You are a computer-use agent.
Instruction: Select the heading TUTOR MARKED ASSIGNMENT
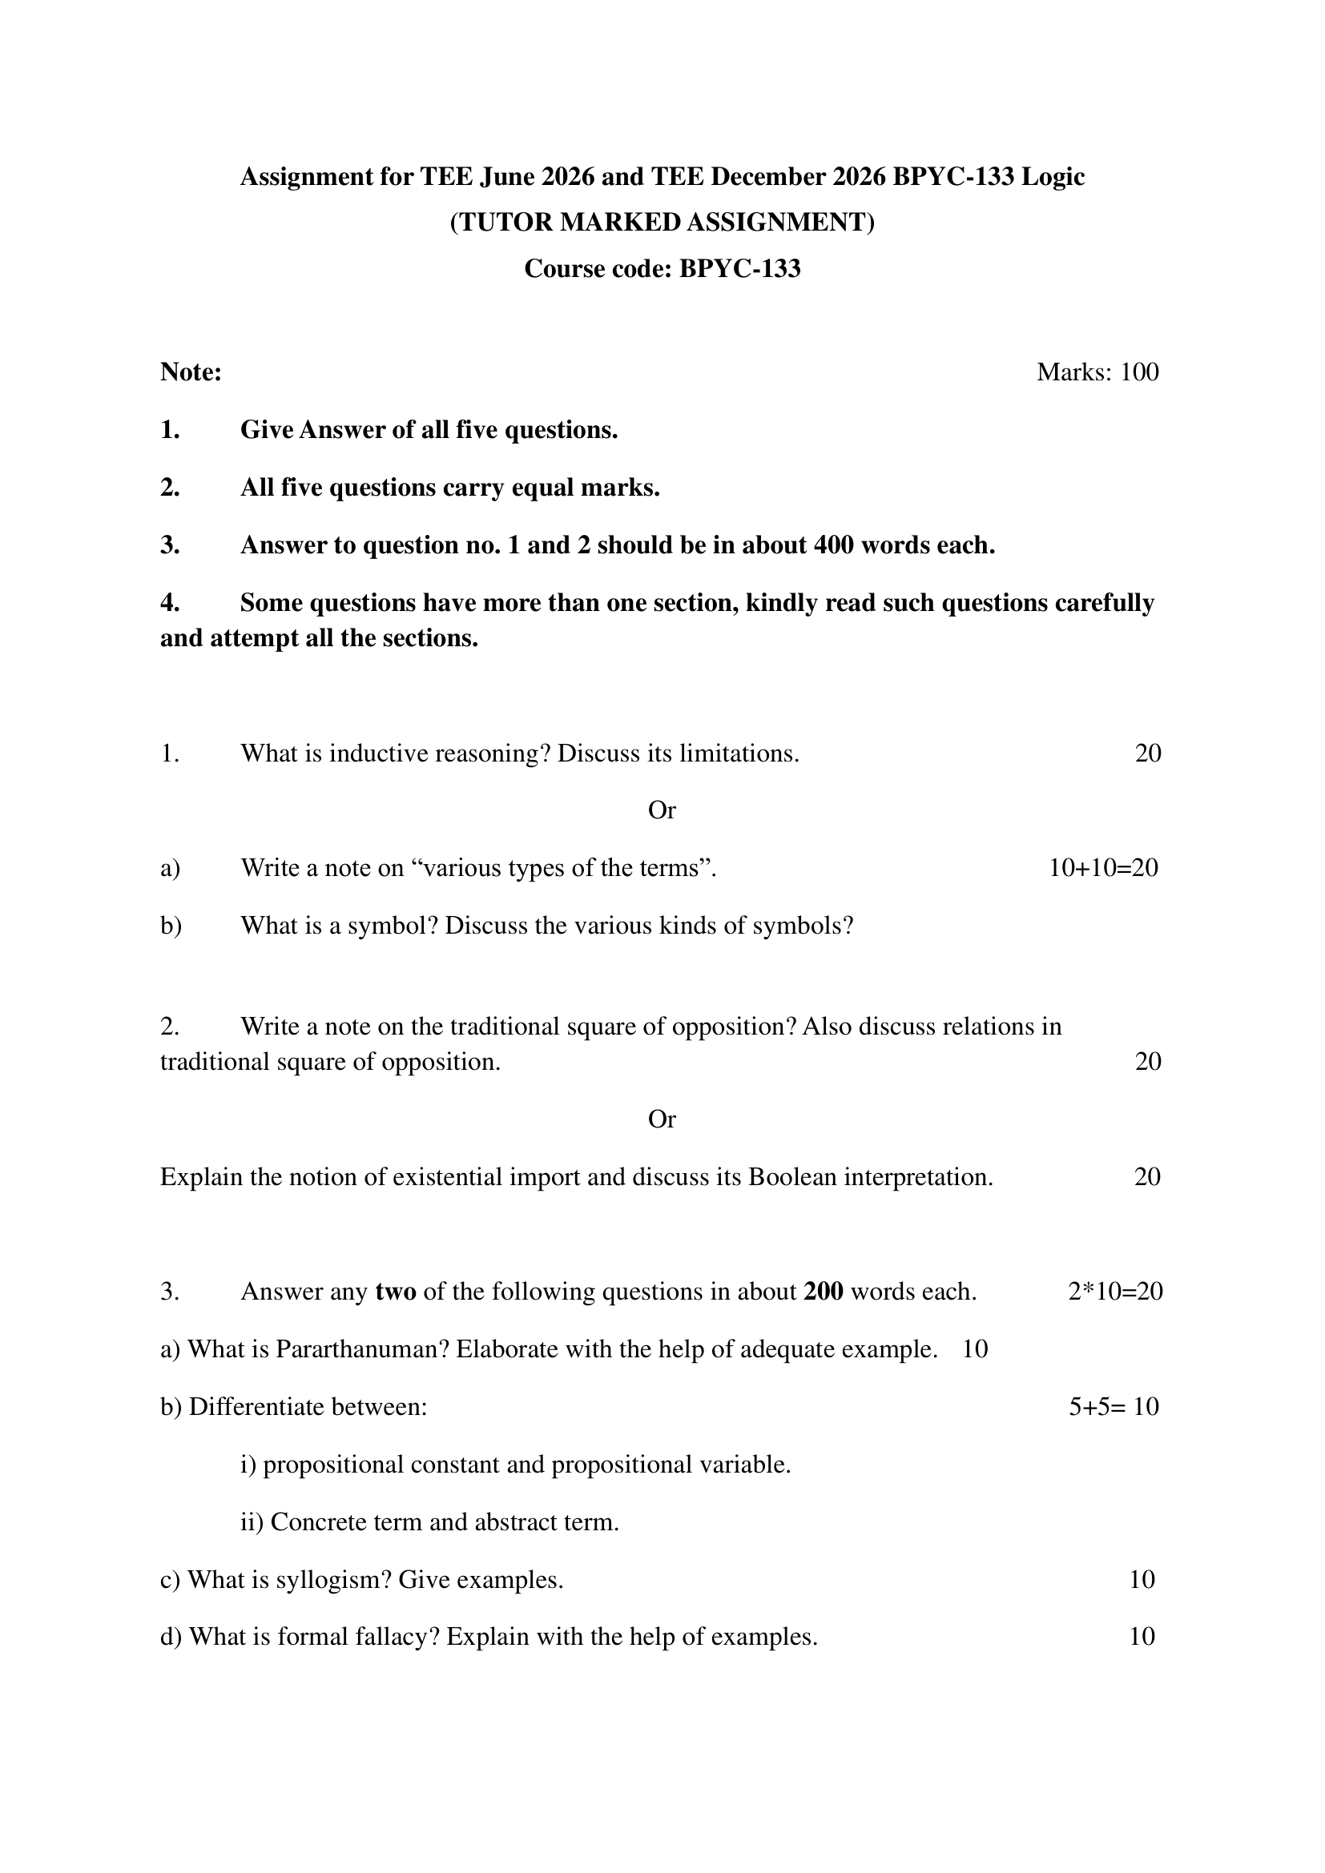pos(662,223)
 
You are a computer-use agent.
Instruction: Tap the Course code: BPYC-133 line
pos(662,268)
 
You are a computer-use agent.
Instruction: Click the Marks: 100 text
pos(1097,372)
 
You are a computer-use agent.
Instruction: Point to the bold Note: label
pos(191,372)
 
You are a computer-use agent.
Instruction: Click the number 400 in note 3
pos(833,545)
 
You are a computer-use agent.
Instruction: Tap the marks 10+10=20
pos(1103,868)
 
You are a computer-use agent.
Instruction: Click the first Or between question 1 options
pos(662,810)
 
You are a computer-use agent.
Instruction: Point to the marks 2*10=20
pos(1114,1292)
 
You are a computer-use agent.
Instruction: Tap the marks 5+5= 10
pos(1114,1407)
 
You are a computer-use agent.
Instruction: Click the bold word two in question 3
pos(396,1292)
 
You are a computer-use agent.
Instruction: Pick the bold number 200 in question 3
pos(824,1292)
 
